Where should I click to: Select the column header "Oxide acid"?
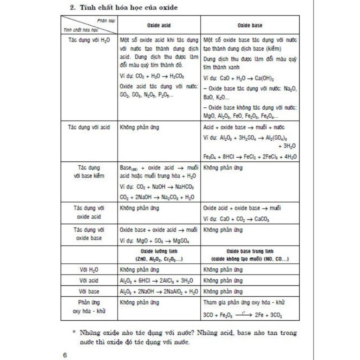[159, 25]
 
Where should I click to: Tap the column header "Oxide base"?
[250, 25]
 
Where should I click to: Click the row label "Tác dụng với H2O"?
[89, 40]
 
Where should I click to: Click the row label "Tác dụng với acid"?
[89, 127]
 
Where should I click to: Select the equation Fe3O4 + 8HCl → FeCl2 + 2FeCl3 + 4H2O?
[250, 157]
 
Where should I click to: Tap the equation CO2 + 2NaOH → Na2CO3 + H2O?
[157, 197]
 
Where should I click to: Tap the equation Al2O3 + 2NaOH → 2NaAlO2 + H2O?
[159, 291]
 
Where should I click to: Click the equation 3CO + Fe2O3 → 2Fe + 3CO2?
[243, 315]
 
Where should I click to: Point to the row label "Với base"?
[89, 291]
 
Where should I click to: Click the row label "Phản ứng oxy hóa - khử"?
[89, 307]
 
